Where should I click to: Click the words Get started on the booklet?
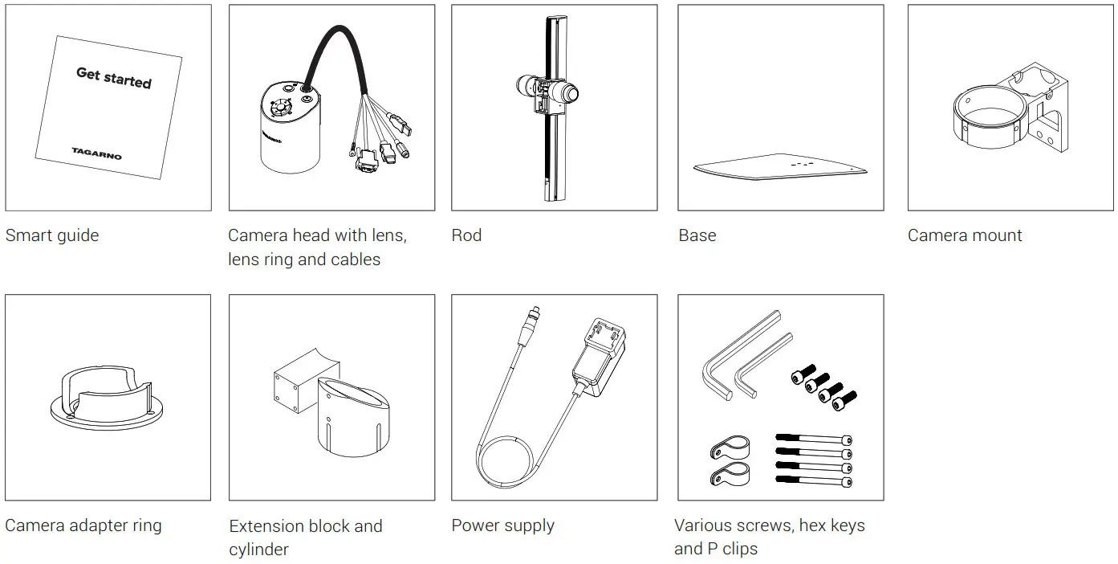(x=113, y=77)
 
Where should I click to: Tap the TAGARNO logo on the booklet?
(x=96, y=152)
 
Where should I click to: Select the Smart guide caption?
(x=52, y=235)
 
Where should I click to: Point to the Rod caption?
(x=466, y=235)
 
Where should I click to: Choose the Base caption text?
(x=697, y=235)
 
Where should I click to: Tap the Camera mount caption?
(x=965, y=235)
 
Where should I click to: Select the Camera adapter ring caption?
(x=83, y=525)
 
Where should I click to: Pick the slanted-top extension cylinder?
(x=352, y=418)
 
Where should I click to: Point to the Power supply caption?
(x=502, y=525)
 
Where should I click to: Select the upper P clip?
(x=729, y=448)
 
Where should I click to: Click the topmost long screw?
(x=812, y=439)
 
